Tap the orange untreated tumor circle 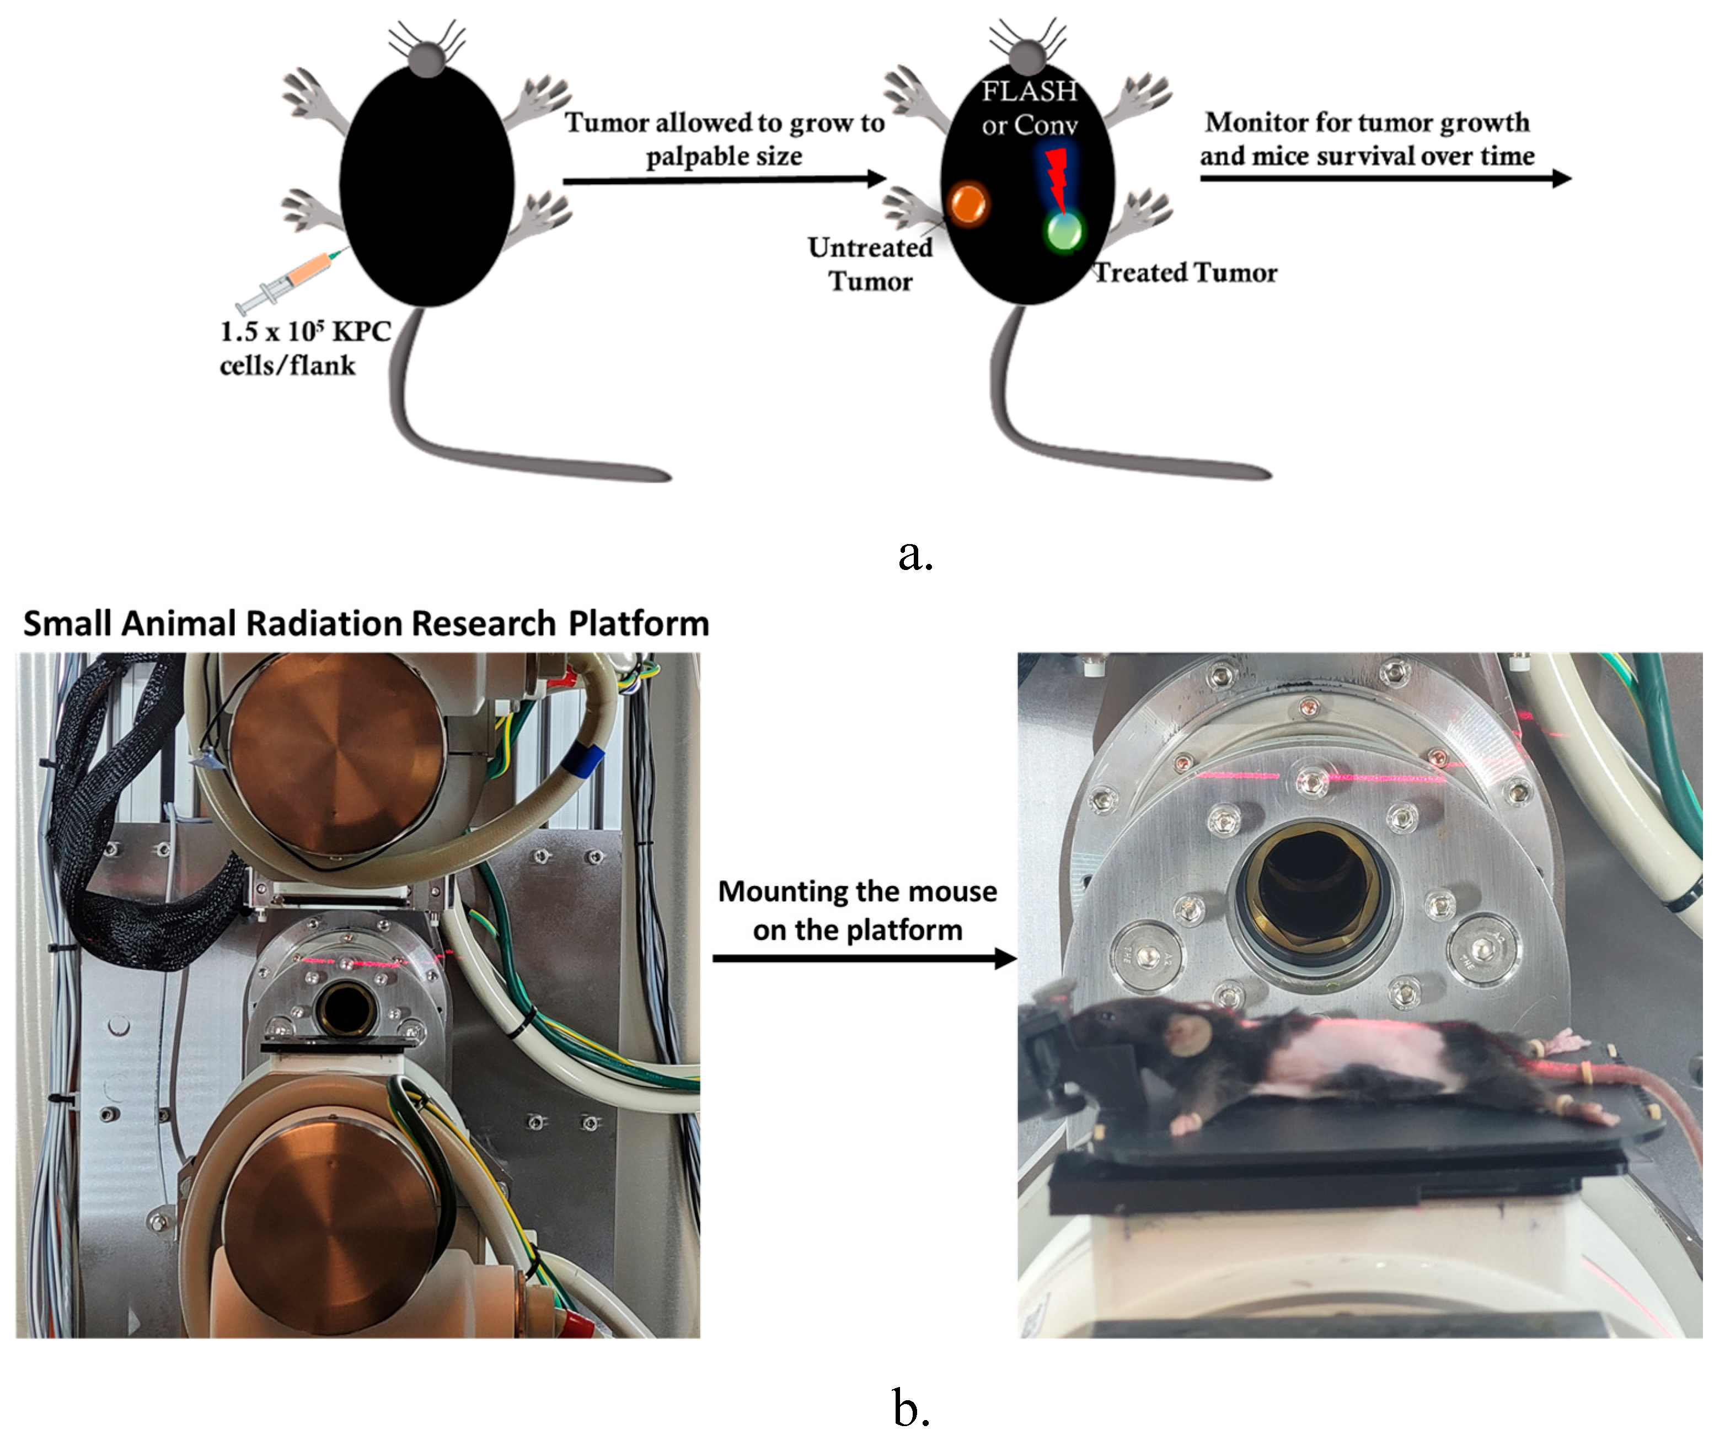(x=968, y=203)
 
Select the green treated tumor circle (x=1063, y=231)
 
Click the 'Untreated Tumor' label (x=870, y=264)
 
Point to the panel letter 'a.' (x=914, y=556)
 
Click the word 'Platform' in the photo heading (x=639, y=623)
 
